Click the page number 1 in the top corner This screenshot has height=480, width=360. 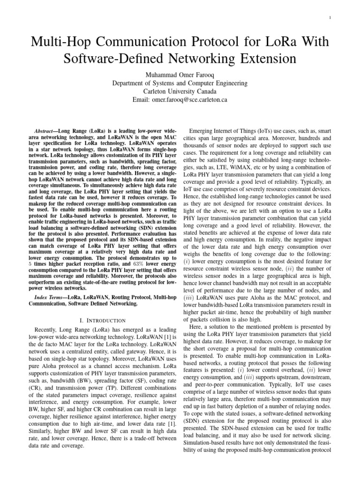click(x=330, y=18)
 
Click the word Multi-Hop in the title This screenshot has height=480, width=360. click(x=58, y=43)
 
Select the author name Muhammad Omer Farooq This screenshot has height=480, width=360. click(x=180, y=74)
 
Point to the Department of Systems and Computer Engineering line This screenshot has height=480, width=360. click(x=180, y=82)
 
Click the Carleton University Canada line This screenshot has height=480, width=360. click(x=180, y=91)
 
